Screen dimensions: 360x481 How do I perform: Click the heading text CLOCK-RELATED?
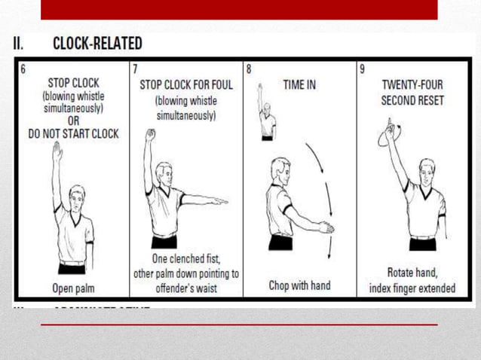click(97, 44)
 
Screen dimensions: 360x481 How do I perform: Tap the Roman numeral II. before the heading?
click(20, 44)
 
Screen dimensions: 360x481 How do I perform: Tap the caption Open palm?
click(73, 287)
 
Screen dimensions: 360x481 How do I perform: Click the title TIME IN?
click(299, 85)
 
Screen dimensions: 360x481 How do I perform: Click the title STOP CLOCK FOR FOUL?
click(186, 85)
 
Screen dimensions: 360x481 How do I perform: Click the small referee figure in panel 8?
click(265, 113)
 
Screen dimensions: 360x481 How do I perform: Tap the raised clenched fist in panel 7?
click(151, 135)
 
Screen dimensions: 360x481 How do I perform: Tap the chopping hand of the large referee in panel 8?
click(325, 227)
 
